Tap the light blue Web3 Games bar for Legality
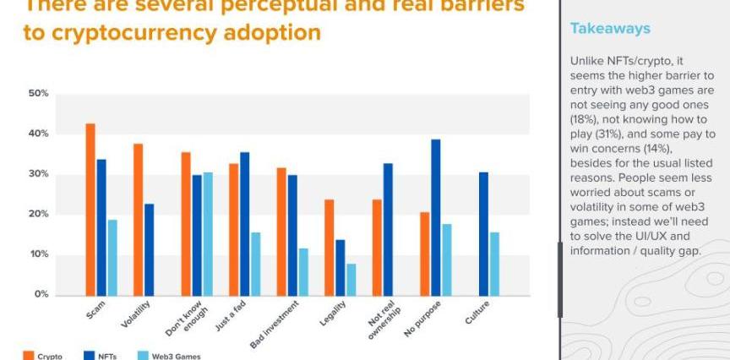point(351,279)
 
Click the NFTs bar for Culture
point(483,233)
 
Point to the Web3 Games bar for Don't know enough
point(208,233)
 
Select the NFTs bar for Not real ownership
point(388,229)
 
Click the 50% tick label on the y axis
point(38,93)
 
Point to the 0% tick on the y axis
point(41,295)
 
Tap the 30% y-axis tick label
point(38,174)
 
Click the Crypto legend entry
point(49,356)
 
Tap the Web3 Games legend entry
point(177,356)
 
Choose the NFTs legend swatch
point(89,356)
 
